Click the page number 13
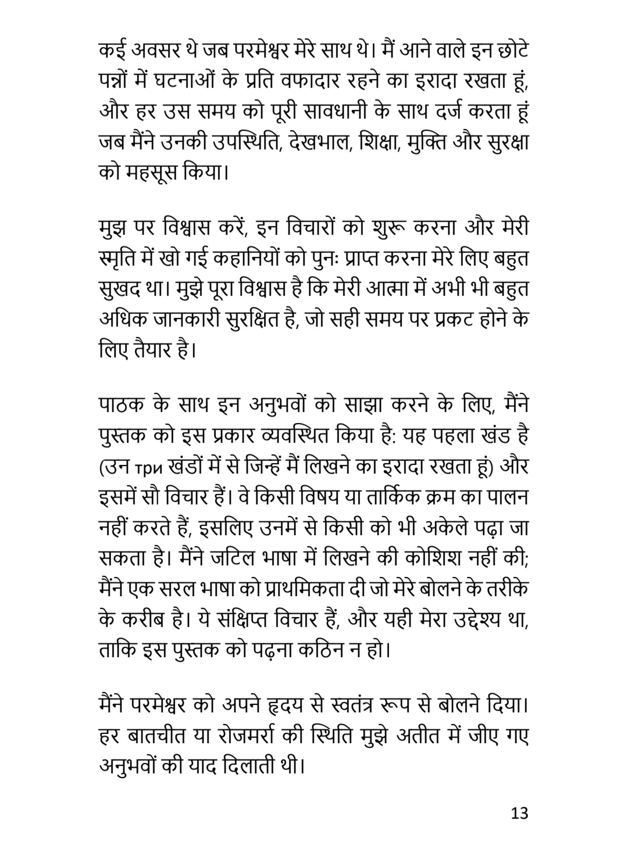[520, 812]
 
